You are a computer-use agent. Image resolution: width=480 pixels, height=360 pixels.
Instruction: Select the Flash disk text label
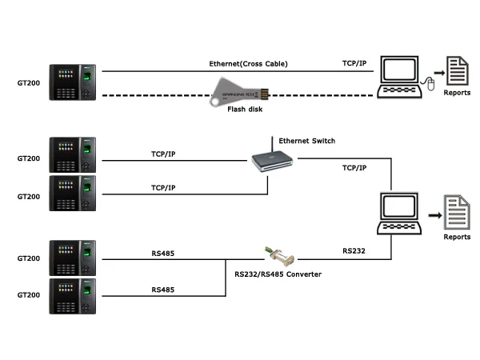click(245, 110)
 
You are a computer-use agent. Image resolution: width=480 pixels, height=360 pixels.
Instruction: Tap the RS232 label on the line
click(354, 250)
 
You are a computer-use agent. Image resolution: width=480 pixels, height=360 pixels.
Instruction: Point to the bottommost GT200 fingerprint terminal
click(72, 295)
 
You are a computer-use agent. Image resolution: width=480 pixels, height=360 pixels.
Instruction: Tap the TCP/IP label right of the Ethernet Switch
click(354, 168)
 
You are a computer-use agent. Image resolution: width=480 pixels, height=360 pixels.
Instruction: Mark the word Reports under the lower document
click(457, 237)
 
